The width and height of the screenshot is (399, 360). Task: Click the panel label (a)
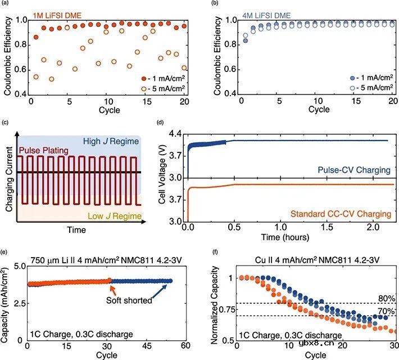[6, 4]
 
